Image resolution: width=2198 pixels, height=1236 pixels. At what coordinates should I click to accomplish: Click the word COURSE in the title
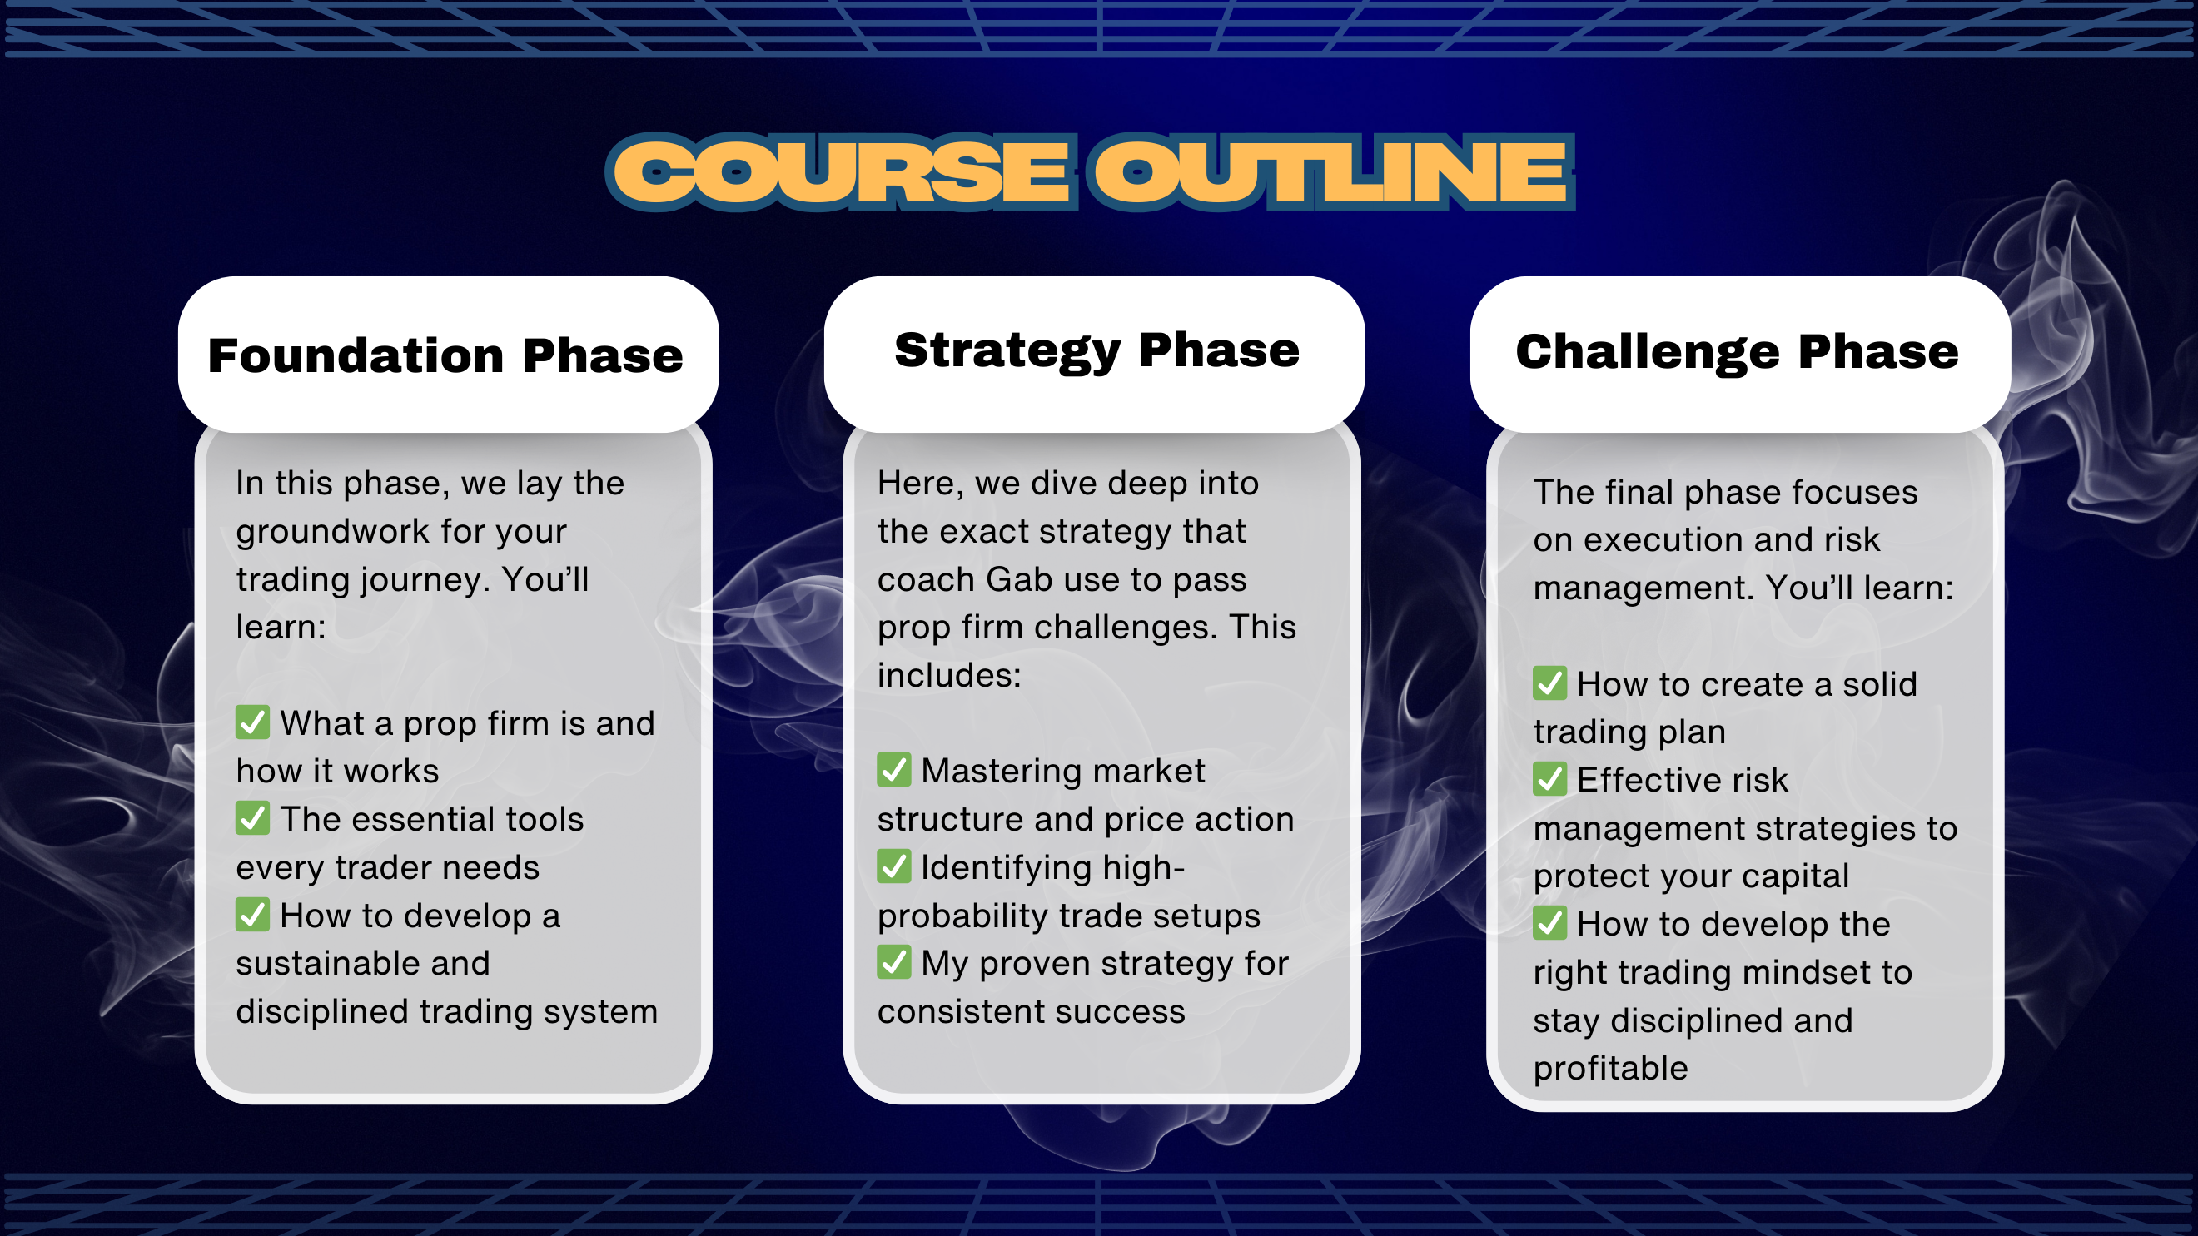tap(840, 172)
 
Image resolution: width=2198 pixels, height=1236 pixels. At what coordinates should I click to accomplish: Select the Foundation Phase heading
tap(445, 355)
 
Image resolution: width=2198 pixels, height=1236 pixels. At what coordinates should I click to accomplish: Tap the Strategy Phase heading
tap(1097, 350)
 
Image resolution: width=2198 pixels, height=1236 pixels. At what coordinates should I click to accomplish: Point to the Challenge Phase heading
tap(1738, 352)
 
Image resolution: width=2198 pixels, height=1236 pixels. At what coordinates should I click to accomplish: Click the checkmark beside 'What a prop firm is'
tap(252, 722)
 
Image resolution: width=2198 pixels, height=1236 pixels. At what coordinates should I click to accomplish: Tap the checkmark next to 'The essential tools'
tap(252, 818)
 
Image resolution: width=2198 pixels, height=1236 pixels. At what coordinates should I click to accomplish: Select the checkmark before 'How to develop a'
tap(252, 915)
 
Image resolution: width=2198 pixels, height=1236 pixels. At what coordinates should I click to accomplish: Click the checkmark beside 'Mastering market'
tap(893, 769)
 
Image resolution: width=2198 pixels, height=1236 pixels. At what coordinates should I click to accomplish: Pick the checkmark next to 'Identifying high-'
tap(893, 866)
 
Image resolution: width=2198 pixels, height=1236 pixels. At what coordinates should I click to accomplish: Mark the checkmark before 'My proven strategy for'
tap(893, 962)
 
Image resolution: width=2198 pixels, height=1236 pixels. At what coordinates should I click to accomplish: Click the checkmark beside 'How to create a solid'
tap(1549, 683)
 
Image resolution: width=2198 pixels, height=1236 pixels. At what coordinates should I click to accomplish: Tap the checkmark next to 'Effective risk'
tap(1549, 779)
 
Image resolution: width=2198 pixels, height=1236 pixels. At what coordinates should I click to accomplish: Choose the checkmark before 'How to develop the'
tap(1549, 923)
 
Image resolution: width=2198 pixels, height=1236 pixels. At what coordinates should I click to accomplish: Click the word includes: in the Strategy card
tap(949, 676)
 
